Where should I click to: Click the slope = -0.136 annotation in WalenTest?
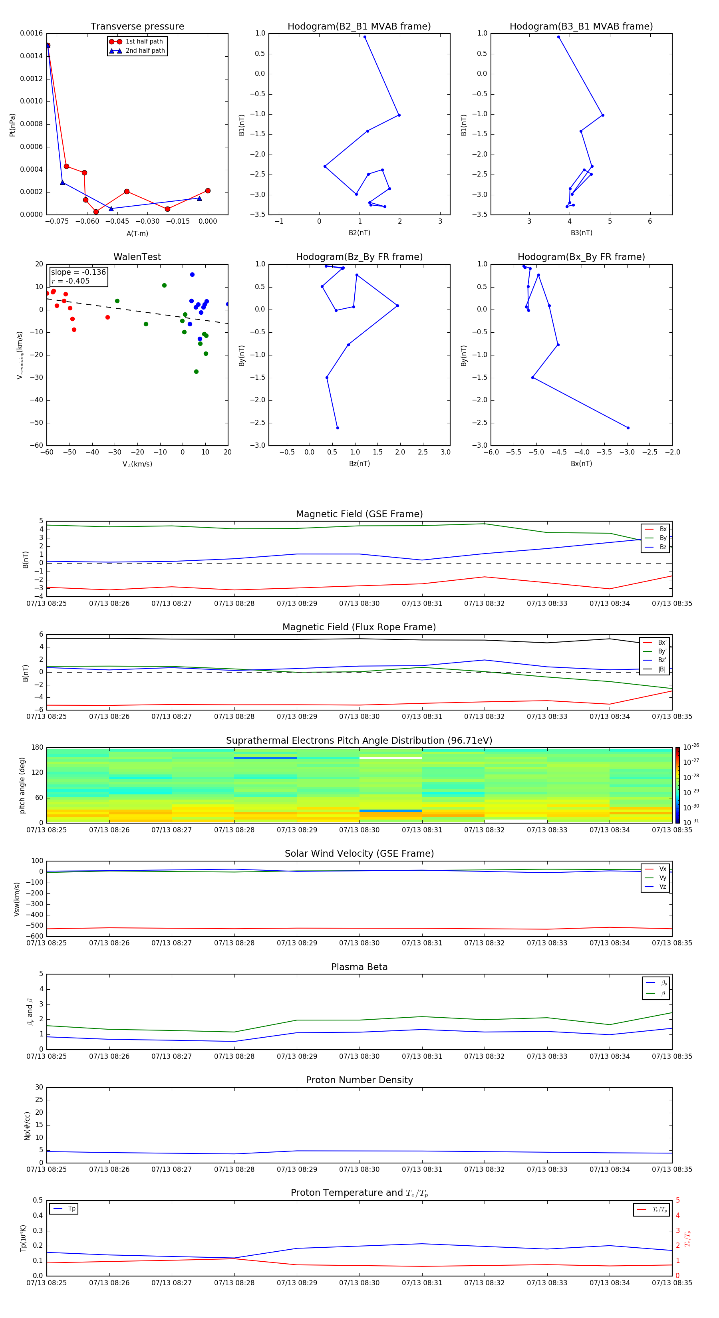pyautogui.click(x=78, y=272)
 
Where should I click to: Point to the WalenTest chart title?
pyautogui.click(x=137, y=257)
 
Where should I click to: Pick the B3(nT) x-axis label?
pyautogui.click(x=581, y=233)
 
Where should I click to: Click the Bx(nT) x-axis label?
pyautogui.click(x=581, y=464)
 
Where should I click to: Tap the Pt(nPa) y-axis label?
pyautogui.click(x=12, y=125)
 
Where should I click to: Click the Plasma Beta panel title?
pyautogui.click(x=359, y=967)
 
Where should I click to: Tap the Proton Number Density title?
pyautogui.click(x=359, y=1080)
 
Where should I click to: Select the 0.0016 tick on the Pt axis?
pyautogui.click(x=31, y=33)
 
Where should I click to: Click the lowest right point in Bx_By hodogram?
pyautogui.click(x=628, y=428)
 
